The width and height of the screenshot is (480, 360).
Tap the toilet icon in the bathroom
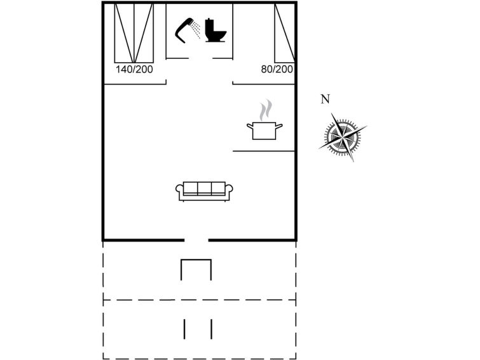(x=215, y=30)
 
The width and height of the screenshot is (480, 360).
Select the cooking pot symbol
(x=264, y=131)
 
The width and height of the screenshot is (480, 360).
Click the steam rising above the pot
(x=265, y=109)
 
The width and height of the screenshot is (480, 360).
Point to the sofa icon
(x=204, y=191)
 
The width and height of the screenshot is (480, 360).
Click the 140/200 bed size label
(x=134, y=69)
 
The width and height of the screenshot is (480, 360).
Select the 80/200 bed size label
(x=277, y=69)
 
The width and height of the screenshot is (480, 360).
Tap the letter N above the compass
(x=325, y=99)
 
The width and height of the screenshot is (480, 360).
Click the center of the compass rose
(x=343, y=137)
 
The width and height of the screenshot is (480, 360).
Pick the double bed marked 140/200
(x=134, y=33)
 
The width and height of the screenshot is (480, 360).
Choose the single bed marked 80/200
(x=285, y=33)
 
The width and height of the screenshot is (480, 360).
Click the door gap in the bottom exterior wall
(x=196, y=240)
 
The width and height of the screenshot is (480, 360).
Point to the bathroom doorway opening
(x=200, y=59)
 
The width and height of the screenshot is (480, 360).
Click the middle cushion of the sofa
(x=205, y=188)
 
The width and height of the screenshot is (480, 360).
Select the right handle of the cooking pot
(x=279, y=125)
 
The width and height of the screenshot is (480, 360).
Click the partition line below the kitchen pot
(x=264, y=151)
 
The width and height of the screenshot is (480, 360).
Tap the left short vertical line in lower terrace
(x=184, y=329)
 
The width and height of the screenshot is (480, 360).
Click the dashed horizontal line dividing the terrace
(x=200, y=300)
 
